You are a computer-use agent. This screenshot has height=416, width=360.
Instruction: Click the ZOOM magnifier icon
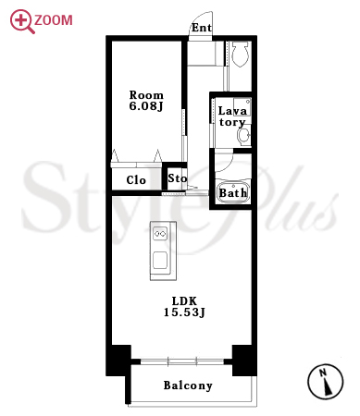click(x=22, y=21)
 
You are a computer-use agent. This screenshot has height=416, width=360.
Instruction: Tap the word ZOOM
click(x=54, y=20)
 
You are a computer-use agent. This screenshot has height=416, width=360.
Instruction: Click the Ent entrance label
click(x=202, y=28)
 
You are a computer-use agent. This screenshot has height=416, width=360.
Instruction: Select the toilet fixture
click(x=240, y=54)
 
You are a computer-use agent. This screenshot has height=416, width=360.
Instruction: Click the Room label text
click(x=146, y=95)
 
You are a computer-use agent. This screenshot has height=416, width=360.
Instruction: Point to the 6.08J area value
click(x=146, y=106)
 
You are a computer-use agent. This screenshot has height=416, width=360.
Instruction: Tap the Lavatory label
click(x=232, y=116)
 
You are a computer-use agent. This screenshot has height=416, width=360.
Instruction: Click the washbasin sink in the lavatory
click(x=243, y=136)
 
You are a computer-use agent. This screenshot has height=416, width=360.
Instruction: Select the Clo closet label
click(x=136, y=180)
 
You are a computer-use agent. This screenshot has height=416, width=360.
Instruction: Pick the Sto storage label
click(x=177, y=178)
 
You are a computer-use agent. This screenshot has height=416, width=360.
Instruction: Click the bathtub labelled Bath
click(x=233, y=191)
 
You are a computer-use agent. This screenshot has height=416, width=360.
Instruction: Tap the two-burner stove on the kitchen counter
click(x=160, y=234)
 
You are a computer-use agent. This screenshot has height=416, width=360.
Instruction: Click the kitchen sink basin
click(x=160, y=260)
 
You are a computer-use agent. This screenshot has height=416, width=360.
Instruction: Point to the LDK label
click(x=184, y=300)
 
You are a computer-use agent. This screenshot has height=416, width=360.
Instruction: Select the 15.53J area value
click(x=184, y=312)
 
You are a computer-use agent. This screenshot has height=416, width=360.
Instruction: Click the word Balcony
click(x=188, y=385)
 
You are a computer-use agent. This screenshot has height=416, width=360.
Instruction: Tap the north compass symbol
click(x=326, y=382)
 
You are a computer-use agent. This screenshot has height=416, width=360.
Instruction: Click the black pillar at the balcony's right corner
click(x=244, y=361)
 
